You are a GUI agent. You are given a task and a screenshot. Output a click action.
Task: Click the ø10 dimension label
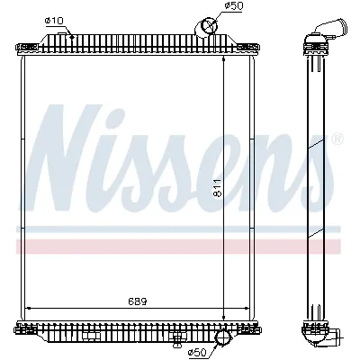click(x=53, y=20)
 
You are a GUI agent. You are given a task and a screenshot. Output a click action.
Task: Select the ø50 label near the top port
click(x=233, y=7)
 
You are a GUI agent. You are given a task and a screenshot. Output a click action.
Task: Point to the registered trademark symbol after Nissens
click(x=337, y=139)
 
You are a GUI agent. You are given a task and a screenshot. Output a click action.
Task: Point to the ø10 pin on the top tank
click(x=70, y=33)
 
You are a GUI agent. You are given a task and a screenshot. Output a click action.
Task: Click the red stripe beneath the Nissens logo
click(x=180, y=246)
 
